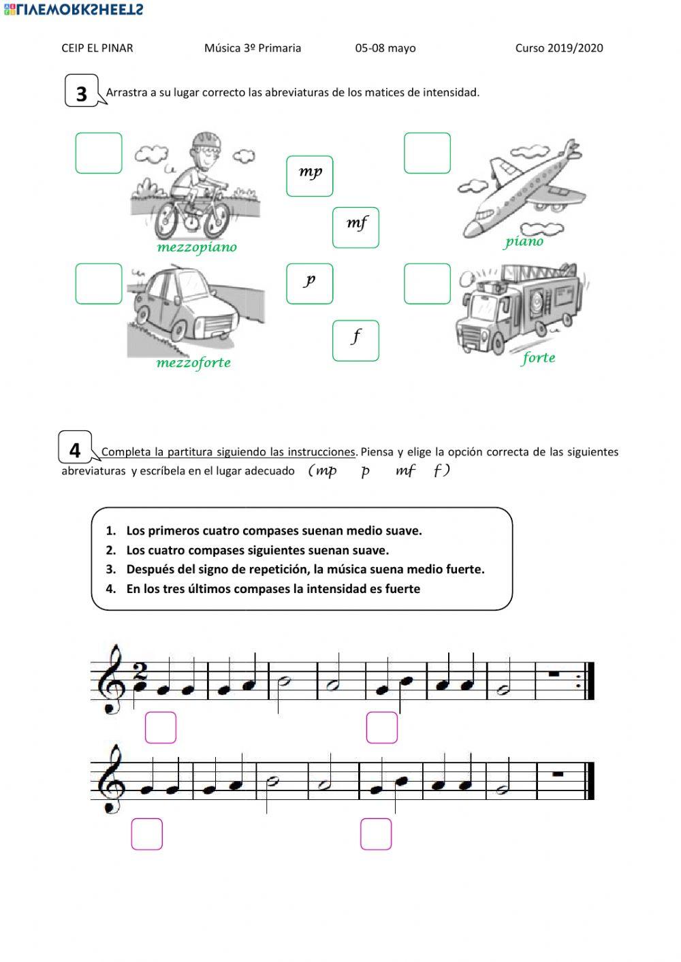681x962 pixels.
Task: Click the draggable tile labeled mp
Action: (x=310, y=176)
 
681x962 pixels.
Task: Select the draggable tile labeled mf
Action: (x=355, y=227)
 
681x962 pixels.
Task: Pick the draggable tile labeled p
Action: (x=310, y=283)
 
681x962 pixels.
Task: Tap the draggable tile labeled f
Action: (x=355, y=340)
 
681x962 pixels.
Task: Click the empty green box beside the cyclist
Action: (x=99, y=153)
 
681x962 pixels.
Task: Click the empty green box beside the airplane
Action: (x=427, y=153)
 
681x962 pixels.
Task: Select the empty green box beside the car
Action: (x=99, y=283)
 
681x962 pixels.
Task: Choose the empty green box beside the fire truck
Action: (x=427, y=283)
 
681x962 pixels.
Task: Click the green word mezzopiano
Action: (x=197, y=247)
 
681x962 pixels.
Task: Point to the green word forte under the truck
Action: (x=539, y=358)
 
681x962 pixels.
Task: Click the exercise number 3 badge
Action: (x=82, y=93)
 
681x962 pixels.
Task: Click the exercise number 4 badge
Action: (x=76, y=450)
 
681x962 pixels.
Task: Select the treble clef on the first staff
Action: (x=112, y=679)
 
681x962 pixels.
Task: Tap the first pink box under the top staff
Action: (x=161, y=727)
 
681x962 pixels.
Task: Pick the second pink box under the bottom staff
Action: (x=376, y=834)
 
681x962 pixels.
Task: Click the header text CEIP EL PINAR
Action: (x=97, y=48)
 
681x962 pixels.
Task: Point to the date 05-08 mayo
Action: (x=385, y=48)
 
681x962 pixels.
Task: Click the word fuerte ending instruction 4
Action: (x=401, y=589)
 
